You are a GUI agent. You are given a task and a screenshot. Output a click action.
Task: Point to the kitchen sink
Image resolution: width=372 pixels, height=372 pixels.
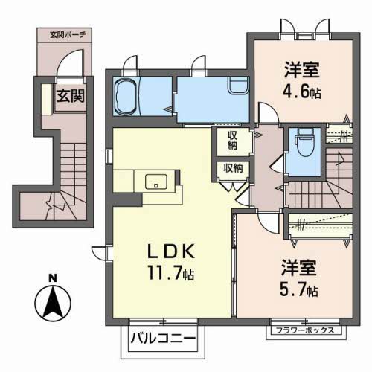tap(156, 181)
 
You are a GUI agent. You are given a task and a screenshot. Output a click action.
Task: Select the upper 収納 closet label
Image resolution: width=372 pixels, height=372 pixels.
tap(233, 140)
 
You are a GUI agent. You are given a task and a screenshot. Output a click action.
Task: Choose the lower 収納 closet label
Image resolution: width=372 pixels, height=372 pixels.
tap(233, 168)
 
